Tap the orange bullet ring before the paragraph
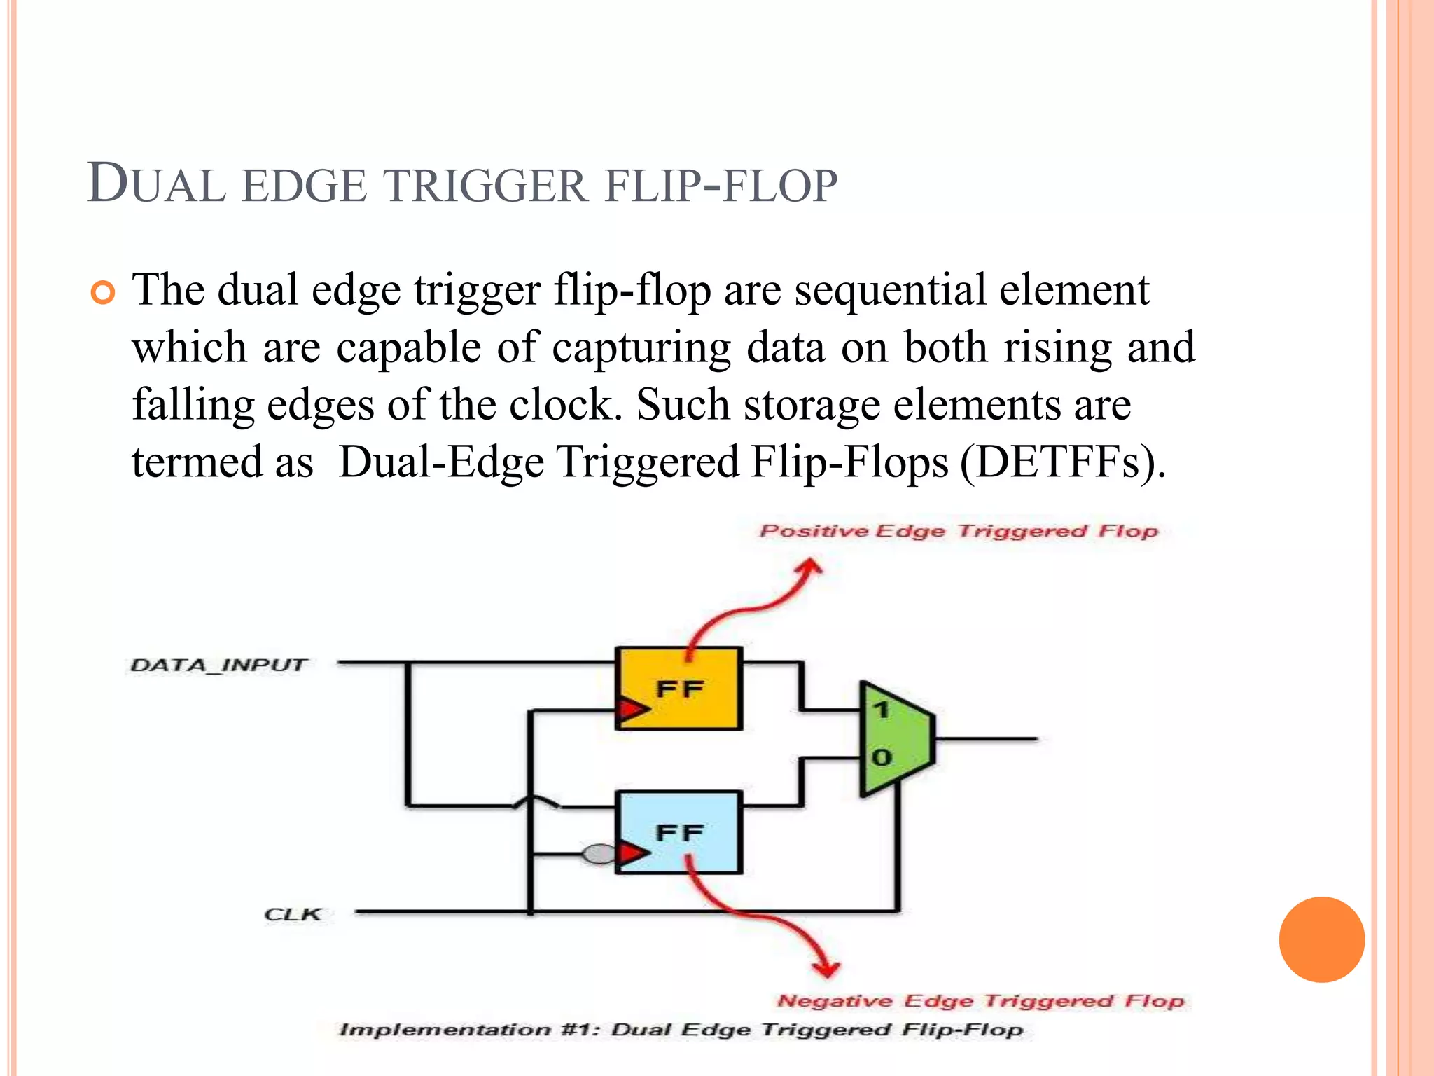tap(103, 293)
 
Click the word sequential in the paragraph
tap(891, 290)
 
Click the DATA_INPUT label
tap(218, 665)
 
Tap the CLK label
tap(293, 914)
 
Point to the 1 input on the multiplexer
tap(881, 710)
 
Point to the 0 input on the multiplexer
tap(882, 757)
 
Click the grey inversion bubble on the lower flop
tap(599, 854)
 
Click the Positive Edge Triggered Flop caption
tap(959, 531)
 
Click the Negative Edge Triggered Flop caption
tap(980, 1000)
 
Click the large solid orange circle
tap(1321, 939)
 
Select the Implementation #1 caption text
tap(681, 1030)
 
